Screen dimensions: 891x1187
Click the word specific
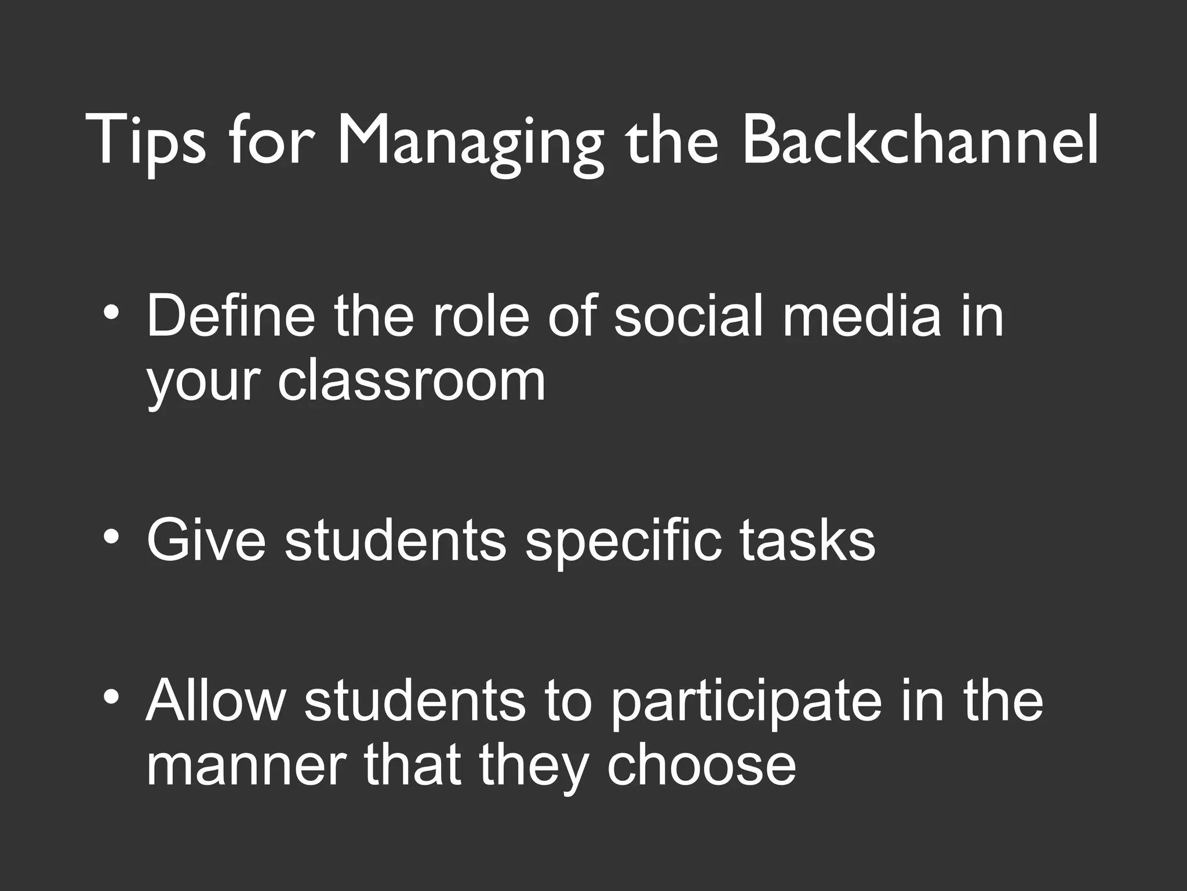(x=624, y=540)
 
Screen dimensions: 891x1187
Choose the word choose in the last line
(x=701, y=766)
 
